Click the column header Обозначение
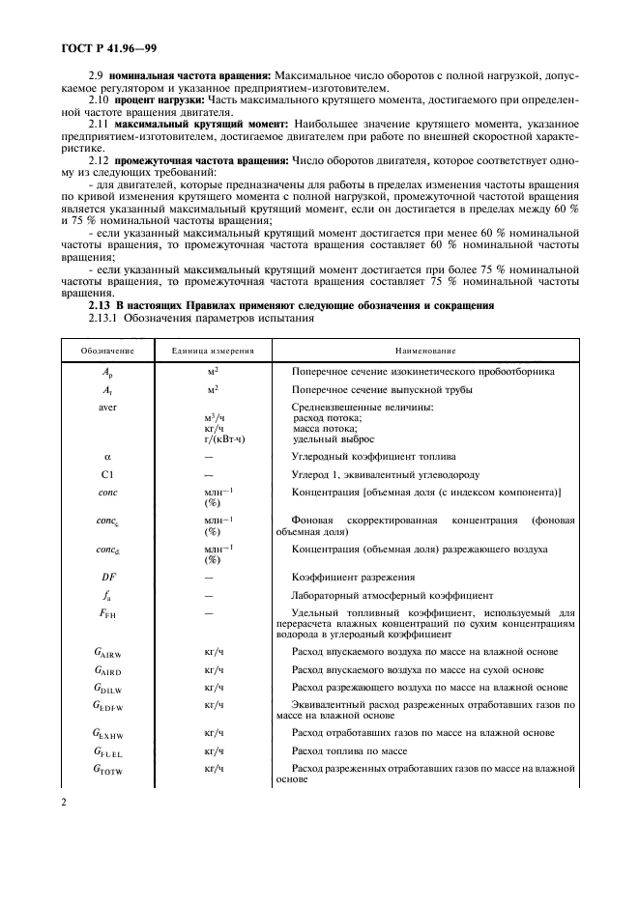click(107, 350)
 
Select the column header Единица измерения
click(208, 350)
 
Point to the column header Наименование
click(425, 350)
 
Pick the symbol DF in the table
click(107, 577)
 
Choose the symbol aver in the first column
click(107, 407)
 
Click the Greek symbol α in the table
click(107, 455)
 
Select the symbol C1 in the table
click(107, 474)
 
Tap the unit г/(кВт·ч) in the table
click(219, 438)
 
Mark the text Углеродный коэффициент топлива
click(367, 455)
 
